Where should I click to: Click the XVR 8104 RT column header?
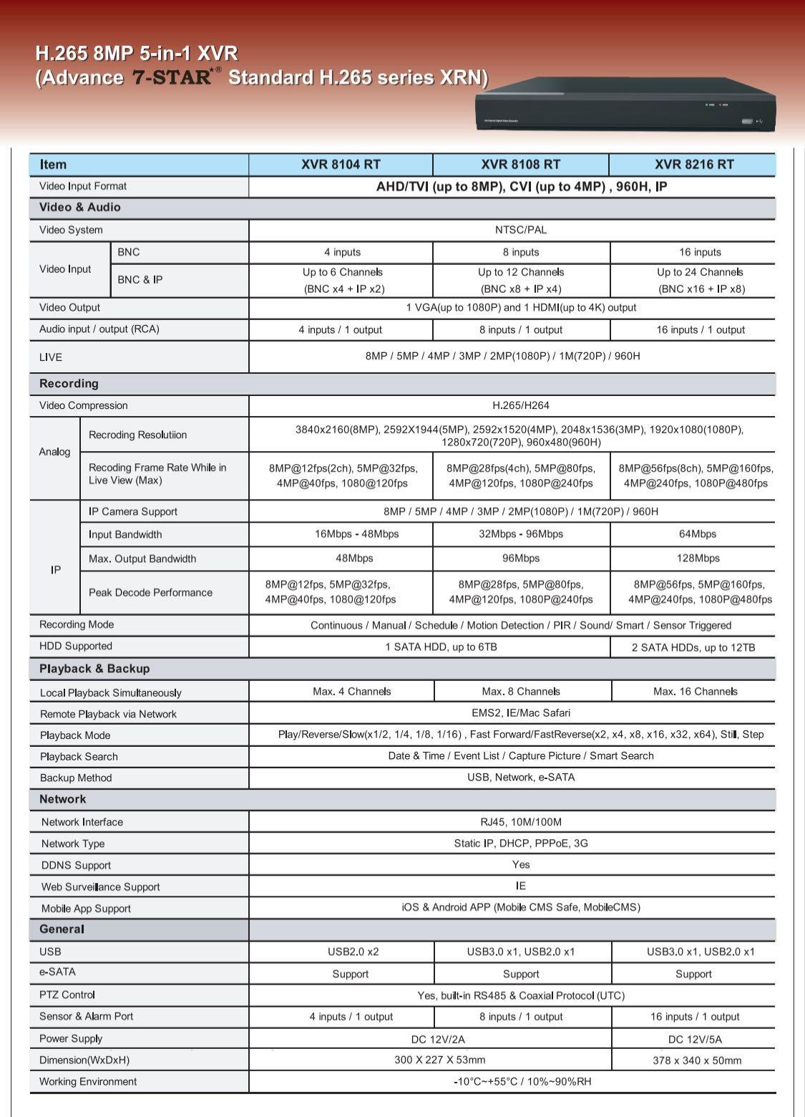(341, 164)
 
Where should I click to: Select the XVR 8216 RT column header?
(693, 164)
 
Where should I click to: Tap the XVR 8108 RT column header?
(520, 164)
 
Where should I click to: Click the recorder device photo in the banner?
(625, 104)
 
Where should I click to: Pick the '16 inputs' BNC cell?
(700, 252)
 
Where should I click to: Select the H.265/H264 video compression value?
(521, 405)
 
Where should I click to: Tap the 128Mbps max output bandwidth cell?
(697, 558)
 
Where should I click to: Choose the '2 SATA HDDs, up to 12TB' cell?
(693, 647)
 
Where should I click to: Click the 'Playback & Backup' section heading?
(94, 669)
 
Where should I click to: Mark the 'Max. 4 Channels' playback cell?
(351, 692)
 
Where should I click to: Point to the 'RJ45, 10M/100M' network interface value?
(521, 822)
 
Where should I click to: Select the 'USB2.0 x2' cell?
(353, 952)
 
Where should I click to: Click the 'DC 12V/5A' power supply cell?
(695, 1039)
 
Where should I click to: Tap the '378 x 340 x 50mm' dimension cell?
(696, 1060)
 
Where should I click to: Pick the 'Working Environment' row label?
(88, 1081)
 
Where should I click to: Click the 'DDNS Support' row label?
(76, 865)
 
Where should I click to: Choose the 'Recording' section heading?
(69, 384)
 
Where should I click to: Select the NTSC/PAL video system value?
(521, 230)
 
